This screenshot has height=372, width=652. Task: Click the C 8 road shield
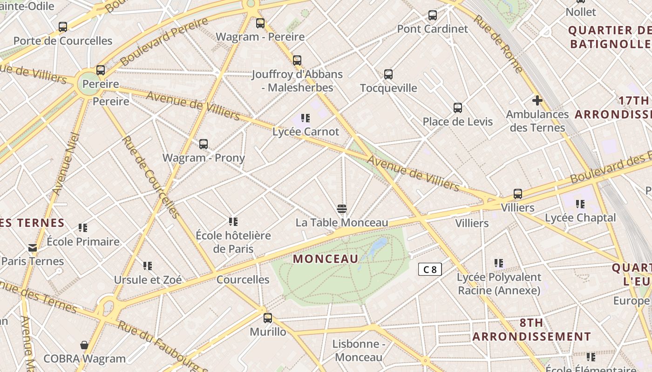click(x=429, y=269)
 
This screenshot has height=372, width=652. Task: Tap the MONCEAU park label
click(x=326, y=259)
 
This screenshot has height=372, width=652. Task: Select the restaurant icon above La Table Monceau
click(x=342, y=208)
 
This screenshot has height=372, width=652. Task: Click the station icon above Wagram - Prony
click(x=204, y=144)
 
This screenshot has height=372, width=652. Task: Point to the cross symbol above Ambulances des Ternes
click(x=537, y=100)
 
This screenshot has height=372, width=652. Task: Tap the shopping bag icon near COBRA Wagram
click(x=84, y=345)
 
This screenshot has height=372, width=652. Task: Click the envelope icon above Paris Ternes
click(x=33, y=247)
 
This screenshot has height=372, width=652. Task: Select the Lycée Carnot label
click(x=306, y=132)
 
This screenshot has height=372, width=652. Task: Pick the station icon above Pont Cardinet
click(x=433, y=15)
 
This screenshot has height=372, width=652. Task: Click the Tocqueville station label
click(x=388, y=88)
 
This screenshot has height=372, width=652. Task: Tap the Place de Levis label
click(x=457, y=122)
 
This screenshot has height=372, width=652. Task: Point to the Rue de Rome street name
click(x=499, y=44)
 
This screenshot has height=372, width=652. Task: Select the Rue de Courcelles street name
click(x=150, y=177)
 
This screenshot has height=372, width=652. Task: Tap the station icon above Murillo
click(x=268, y=318)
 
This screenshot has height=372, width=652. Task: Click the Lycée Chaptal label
click(x=580, y=218)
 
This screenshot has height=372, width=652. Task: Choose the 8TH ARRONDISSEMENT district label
click(x=532, y=330)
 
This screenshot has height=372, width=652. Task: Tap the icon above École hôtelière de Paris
click(x=233, y=222)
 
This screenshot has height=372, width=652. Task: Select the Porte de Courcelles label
click(x=63, y=41)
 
